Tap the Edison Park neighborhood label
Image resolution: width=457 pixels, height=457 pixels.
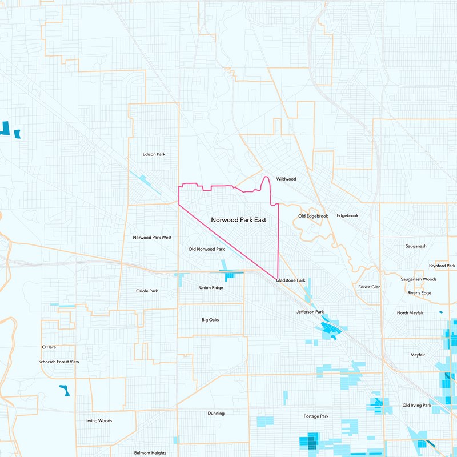coord(154,154)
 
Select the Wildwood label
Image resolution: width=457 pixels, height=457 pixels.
coord(286,179)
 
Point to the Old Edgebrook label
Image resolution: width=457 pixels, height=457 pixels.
coord(313,216)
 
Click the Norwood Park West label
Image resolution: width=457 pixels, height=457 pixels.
coord(152,238)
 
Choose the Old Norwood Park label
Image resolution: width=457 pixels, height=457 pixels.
coord(206,249)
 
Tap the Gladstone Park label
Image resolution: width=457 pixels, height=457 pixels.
coord(290,280)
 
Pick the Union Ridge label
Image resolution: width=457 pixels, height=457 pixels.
coord(211,287)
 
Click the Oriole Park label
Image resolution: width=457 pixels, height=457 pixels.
coord(147,291)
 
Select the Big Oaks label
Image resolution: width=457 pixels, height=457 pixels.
coord(210,320)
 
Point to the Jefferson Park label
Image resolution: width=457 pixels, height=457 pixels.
coord(310,312)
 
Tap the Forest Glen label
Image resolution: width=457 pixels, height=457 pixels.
coord(369,287)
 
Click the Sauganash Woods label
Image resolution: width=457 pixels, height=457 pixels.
coord(418,279)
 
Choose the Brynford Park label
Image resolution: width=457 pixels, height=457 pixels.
coord(442,266)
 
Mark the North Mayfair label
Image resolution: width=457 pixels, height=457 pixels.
coord(410,313)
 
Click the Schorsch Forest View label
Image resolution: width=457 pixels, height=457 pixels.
coord(55,362)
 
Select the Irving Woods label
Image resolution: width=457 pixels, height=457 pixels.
coord(99,421)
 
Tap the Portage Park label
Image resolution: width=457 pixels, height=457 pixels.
coord(316,416)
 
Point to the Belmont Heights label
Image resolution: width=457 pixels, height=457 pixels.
coord(150,452)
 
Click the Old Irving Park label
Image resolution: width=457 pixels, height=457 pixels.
coord(416,405)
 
